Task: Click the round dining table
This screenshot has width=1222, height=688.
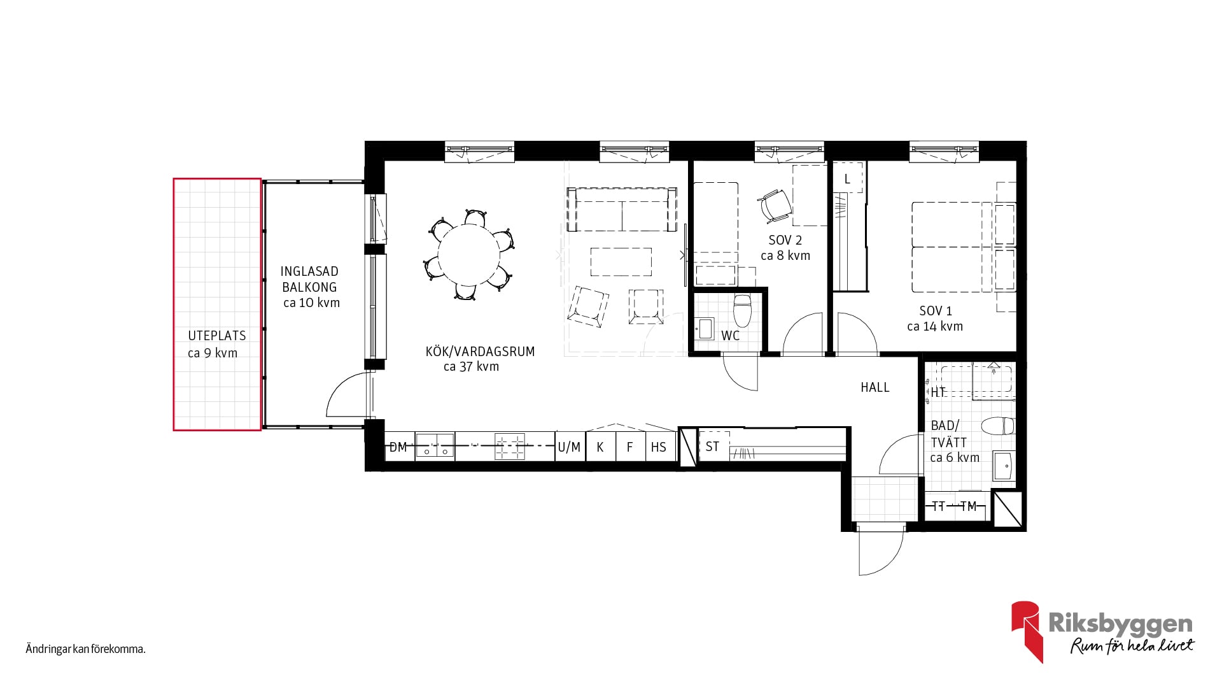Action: [x=468, y=255]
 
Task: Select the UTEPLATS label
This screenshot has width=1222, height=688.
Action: [x=216, y=336]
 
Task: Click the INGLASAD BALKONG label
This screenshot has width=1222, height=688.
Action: [x=309, y=279]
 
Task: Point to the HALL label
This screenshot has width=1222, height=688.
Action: [x=874, y=387]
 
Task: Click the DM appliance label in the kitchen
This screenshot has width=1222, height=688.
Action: [x=398, y=447]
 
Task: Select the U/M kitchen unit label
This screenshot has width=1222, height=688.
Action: [x=569, y=447]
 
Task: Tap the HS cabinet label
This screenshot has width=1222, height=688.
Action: [x=658, y=447]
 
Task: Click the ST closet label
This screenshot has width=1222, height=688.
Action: [x=712, y=447]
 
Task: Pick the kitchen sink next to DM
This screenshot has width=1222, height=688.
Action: [x=435, y=446]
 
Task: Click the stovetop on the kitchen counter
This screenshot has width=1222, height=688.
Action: [x=510, y=446]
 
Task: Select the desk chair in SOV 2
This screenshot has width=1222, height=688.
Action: [x=775, y=205]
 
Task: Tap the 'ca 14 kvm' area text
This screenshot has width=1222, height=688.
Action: [x=935, y=326]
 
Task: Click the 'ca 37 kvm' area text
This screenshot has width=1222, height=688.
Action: [x=471, y=366]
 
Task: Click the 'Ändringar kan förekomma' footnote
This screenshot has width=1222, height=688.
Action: [x=86, y=650]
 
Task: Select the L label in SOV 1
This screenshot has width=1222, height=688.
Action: [x=847, y=179]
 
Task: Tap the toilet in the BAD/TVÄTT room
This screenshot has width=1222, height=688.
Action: [x=997, y=426]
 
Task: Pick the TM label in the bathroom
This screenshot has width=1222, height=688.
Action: [x=968, y=506]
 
